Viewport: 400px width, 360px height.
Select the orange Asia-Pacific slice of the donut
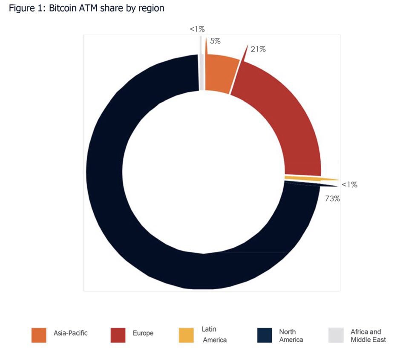[x=219, y=72]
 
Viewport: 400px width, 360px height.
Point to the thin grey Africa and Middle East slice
[x=201, y=72]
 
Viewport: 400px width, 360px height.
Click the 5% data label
[x=215, y=41]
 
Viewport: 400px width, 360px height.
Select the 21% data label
[x=258, y=49]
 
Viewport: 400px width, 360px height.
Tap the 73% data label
[x=333, y=199]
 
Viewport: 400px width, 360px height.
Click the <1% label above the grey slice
[x=197, y=29]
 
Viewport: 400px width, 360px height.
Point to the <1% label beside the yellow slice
[x=349, y=185]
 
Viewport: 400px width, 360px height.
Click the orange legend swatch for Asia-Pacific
[x=39, y=335]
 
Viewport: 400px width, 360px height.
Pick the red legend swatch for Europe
[x=118, y=335]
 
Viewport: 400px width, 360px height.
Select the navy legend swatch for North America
[x=265, y=335]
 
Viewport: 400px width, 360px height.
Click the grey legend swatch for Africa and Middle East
[x=336, y=335]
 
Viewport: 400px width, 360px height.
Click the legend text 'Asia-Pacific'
[x=71, y=333]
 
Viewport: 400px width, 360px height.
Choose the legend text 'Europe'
[x=143, y=333]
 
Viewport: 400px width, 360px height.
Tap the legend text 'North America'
[x=291, y=336]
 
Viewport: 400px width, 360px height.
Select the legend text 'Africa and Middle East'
[x=368, y=336]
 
